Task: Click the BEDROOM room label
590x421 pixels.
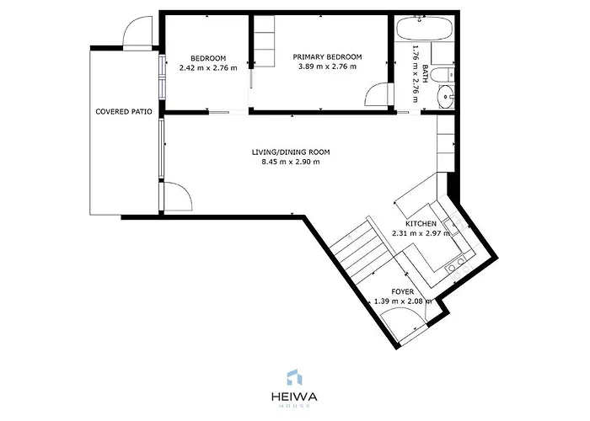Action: [x=208, y=57]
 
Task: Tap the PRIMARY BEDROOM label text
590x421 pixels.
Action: [x=327, y=57]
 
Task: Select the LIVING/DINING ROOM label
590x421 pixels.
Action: [x=291, y=152]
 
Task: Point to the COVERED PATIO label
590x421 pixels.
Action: [x=124, y=111]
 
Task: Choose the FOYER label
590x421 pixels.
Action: [x=403, y=291]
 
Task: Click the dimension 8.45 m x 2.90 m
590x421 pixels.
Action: [x=291, y=163]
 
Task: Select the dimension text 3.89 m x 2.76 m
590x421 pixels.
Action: [x=327, y=67]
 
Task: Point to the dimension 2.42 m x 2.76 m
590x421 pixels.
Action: [x=208, y=67]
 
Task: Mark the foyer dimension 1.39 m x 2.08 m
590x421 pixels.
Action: [x=402, y=301]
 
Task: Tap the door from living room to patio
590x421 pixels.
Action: [x=176, y=196]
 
